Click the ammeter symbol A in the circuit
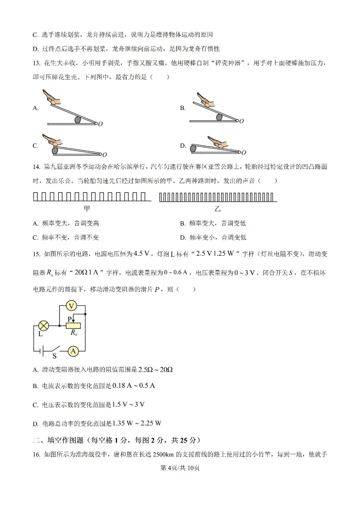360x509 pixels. tap(73, 351)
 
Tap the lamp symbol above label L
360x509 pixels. tap(44, 326)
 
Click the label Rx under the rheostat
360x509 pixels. tap(74, 332)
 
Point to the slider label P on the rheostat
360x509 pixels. tap(70, 319)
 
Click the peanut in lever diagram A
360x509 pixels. tap(78, 119)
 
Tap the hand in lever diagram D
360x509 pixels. tap(217, 142)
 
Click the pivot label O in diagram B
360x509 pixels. tap(242, 121)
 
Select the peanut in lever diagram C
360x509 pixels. tap(55, 151)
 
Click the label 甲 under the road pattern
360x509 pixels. tap(87, 209)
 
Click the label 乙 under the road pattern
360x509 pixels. tap(217, 209)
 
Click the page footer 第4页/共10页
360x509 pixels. tap(180, 468)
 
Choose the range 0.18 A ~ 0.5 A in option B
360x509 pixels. tap(134, 386)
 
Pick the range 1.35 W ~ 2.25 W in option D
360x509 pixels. tap(137, 423)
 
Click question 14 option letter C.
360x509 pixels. tap(35, 238)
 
